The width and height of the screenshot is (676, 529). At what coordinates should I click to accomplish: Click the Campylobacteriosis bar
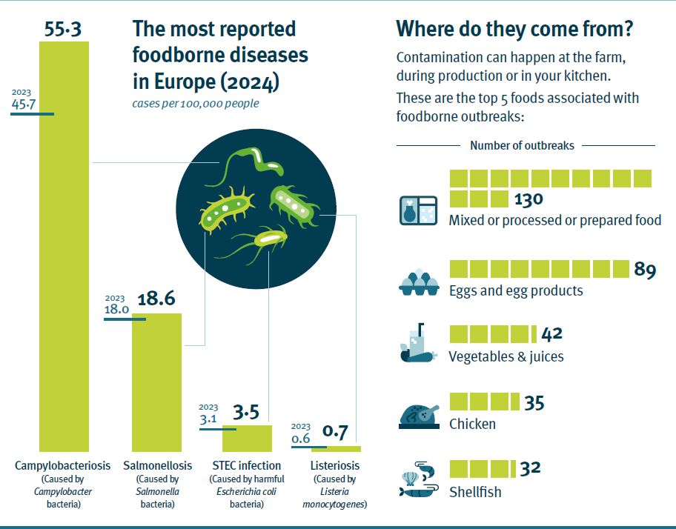click(64, 244)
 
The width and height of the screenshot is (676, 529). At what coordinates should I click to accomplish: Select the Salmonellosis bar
click(156, 382)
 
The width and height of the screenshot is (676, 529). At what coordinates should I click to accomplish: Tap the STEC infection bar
click(247, 438)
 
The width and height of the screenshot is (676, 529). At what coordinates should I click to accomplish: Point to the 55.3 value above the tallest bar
click(63, 28)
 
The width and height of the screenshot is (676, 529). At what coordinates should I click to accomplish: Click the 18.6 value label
click(156, 299)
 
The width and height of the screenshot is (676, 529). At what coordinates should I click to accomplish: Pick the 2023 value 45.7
click(23, 104)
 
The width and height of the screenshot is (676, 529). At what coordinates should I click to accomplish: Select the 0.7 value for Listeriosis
click(335, 431)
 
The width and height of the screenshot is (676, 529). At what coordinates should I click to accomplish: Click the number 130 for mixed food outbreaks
click(528, 199)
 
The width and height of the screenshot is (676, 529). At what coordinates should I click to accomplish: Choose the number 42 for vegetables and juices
click(552, 334)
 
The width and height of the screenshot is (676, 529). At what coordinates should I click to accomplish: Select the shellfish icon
click(419, 482)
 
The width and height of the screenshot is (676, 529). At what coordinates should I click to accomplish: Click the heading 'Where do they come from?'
click(515, 29)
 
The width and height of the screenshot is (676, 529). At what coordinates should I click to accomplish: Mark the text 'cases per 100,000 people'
click(195, 103)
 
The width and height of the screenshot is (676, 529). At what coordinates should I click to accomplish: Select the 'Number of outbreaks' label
click(522, 145)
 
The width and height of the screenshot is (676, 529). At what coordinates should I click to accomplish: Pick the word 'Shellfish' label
click(475, 492)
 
